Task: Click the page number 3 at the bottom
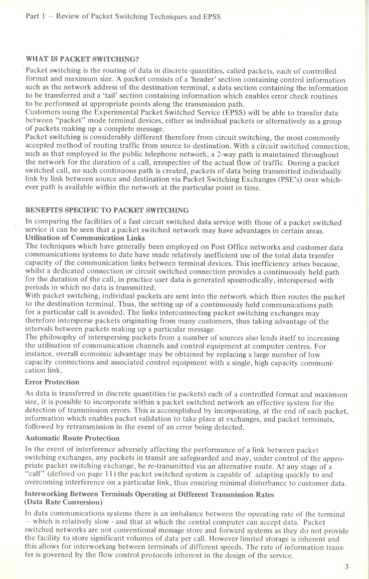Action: tap(346, 567)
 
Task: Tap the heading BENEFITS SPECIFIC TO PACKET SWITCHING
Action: tap(107, 210)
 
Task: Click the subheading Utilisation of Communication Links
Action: tap(85, 238)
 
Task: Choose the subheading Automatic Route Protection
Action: tap(72, 438)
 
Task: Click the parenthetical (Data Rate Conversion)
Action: tap(65, 501)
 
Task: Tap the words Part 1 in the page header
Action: tap(37, 17)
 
